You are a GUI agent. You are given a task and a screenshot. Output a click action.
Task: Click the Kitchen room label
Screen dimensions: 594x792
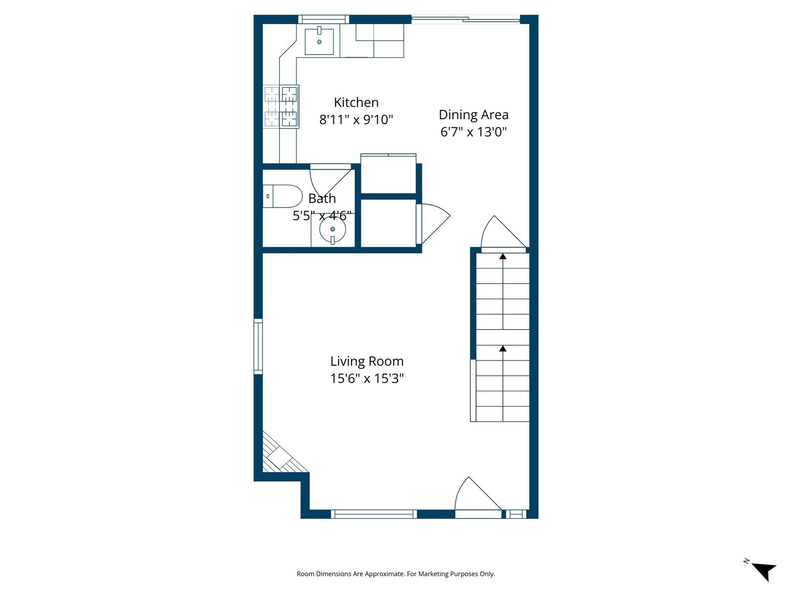pyautogui.click(x=356, y=102)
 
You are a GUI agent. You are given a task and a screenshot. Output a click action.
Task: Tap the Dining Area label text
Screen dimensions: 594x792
pyautogui.click(x=473, y=115)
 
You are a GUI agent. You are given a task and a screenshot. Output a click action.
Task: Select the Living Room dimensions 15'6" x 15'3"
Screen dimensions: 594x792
pyautogui.click(x=367, y=378)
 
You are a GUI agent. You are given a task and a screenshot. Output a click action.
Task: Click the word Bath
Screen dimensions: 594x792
pyautogui.click(x=322, y=199)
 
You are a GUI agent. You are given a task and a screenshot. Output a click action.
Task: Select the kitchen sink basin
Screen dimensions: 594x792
pyautogui.click(x=319, y=42)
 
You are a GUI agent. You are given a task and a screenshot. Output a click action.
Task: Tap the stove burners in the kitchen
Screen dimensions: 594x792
pyautogui.click(x=281, y=106)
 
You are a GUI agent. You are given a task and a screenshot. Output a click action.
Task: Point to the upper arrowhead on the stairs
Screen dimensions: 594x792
pyautogui.click(x=503, y=256)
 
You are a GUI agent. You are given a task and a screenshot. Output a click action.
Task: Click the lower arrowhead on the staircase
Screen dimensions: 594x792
pyautogui.click(x=503, y=348)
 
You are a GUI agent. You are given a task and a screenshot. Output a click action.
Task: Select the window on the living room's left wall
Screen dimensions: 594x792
pyautogui.click(x=258, y=346)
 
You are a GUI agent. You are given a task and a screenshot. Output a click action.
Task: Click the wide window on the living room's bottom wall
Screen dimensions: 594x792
pyautogui.click(x=374, y=514)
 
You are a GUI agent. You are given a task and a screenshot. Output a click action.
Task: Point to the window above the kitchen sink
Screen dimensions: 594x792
pyautogui.click(x=323, y=19)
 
